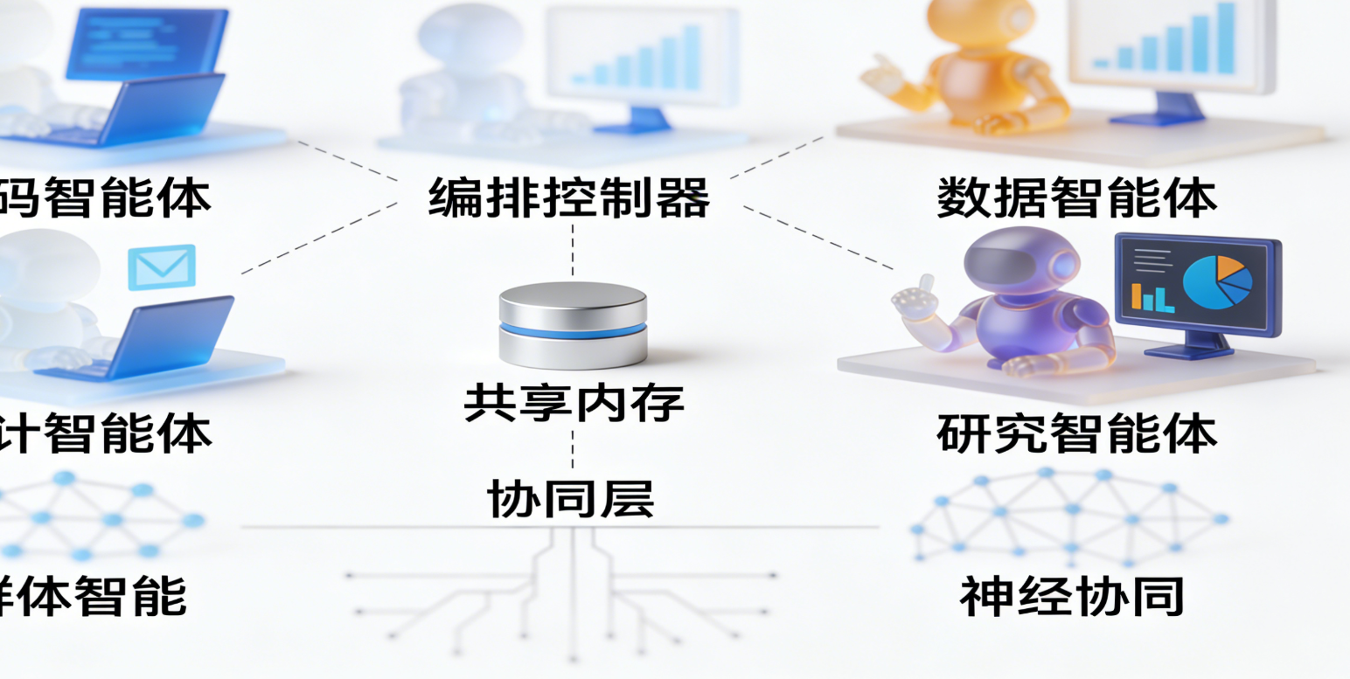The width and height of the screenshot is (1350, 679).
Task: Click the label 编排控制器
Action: point(569,197)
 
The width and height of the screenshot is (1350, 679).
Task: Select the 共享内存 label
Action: point(573,403)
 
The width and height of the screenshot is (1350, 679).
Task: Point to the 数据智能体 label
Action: point(1076,197)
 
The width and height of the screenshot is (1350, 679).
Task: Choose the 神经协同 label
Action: point(1072,596)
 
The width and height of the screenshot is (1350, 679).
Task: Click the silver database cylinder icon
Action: point(573,323)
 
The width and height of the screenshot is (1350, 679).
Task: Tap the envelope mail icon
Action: point(162,267)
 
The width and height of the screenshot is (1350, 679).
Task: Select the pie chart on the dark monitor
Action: point(1217,280)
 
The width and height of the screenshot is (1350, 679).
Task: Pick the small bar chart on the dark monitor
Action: point(1152,298)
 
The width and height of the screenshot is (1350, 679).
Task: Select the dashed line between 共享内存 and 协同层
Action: point(573,451)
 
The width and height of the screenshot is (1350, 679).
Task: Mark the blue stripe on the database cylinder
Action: point(573,330)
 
